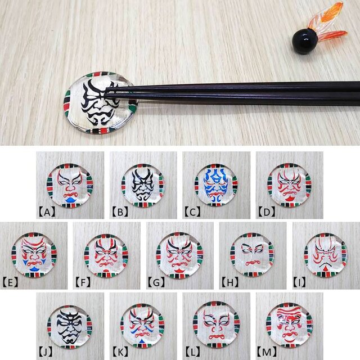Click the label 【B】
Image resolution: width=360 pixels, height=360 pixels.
tap(120, 212)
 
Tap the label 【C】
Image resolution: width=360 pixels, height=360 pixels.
tap(193, 212)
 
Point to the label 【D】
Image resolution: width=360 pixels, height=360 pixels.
tap(266, 212)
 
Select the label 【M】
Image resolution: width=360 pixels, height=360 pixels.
tap(267, 353)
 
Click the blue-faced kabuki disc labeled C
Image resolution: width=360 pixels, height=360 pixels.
tap(216, 185)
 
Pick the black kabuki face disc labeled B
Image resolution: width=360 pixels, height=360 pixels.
tap(143, 185)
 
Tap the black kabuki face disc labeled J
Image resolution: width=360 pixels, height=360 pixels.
tap(70, 326)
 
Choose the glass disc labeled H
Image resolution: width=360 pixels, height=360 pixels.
tap(252, 255)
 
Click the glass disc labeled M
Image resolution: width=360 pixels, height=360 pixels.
tap(289, 326)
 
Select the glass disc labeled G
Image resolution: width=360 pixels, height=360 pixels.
tap(179, 255)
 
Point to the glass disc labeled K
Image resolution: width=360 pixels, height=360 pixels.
tap(143, 326)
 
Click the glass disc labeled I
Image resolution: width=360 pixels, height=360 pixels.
tap(325, 255)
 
